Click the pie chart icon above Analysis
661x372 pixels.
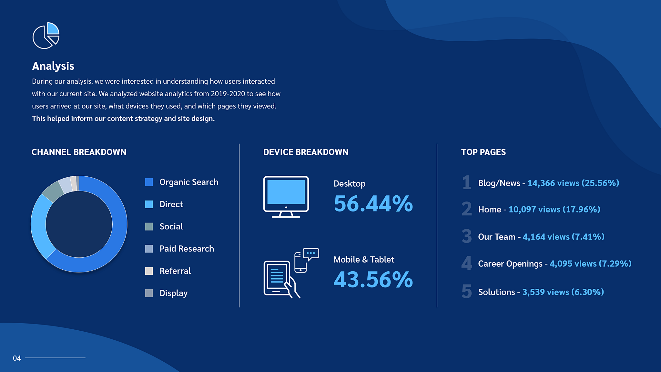tap(46, 36)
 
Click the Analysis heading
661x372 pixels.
tap(53, 66)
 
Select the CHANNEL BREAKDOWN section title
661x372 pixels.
tap(79, 152)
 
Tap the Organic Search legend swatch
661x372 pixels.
tap(149, 182)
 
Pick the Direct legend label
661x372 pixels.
tap(171, 204)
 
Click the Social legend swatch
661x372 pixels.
tap(149, 227)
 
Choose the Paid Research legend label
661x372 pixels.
tap(187, 249)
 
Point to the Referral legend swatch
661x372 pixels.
tap(149, 271)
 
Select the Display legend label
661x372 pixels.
tap(173, 293)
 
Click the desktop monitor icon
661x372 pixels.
tap(286, 197)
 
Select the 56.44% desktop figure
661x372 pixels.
tap(373, 204)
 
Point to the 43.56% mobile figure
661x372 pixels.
tap(373, 280)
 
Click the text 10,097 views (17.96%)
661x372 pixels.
tap(554, 210)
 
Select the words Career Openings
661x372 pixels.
tap(510, 264)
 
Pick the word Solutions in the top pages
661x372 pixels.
tap(496, 292)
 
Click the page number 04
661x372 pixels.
tap(17, 358)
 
